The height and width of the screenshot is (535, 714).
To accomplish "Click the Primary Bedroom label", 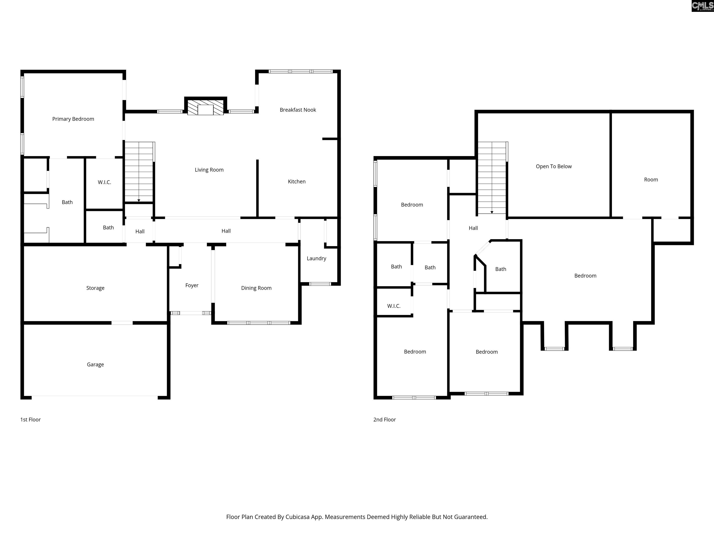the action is [x=73, y=119].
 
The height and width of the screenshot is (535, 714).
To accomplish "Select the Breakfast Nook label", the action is [x=297, y=110].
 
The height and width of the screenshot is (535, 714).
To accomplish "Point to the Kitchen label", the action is [x=297, y=182].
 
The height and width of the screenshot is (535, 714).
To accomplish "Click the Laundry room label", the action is [x=316, y=258].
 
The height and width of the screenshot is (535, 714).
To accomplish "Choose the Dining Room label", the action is [x=256, y=288].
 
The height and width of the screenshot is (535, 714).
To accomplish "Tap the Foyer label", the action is [x=192, y=285].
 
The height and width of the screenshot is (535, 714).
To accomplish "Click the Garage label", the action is [x=95, y=364].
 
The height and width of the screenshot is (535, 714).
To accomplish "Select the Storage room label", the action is [x=95, y=288].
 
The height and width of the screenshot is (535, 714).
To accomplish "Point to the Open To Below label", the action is [x=554, y=166].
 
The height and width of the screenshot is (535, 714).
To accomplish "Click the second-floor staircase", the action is [x=492, y=178].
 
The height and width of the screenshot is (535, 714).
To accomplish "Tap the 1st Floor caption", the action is [x=30, y=420].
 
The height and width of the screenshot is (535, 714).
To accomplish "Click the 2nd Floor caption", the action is [x=384, y=420].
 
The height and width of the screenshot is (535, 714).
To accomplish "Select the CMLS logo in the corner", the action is [x=702, y=6].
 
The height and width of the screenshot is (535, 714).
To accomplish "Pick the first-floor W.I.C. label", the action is [x=104, y=182].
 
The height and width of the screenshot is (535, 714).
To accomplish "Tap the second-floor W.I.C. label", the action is [x=394, y=306].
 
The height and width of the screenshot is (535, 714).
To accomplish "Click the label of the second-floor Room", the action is [x=651, y=180].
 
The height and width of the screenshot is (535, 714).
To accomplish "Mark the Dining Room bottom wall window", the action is [x=258, y=323].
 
